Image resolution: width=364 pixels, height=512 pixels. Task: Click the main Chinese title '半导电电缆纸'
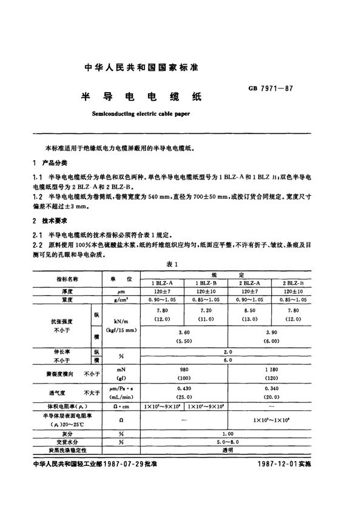(140, 96)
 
